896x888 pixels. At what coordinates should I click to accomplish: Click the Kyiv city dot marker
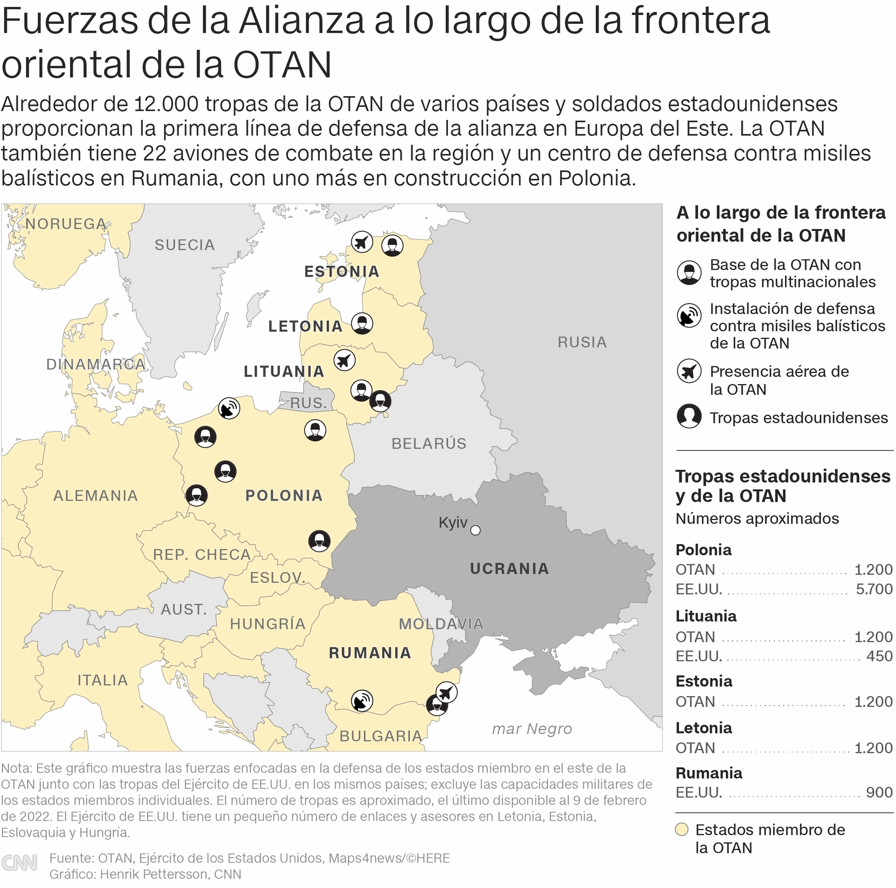[x=475, y=530]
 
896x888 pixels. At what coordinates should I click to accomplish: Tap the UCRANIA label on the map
[x=509, y=568]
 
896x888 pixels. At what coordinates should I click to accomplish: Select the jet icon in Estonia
[x=362, y=242]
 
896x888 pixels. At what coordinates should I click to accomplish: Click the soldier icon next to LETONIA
[x=362, y=323]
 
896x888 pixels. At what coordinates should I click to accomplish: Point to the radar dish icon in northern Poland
[x=229, y=408]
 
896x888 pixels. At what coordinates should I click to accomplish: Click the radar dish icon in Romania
[x=362, y=700]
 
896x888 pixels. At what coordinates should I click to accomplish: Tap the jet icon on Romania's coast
[x=447, y=692]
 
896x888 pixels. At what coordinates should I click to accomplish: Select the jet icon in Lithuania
[x=344, y=360]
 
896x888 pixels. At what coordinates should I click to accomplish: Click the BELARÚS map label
[x=429, y=443]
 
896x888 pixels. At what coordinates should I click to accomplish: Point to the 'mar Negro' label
[x=532, y=728]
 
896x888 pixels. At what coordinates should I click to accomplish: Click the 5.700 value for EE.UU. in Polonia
[x=874, y=589]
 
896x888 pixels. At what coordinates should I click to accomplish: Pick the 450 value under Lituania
[x=879, y=656]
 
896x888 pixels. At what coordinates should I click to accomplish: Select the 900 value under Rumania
[x=879, y=792]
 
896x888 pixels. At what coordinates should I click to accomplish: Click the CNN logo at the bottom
[x=19, y=863]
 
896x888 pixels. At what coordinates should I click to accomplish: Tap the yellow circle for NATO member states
[x=682, y=829]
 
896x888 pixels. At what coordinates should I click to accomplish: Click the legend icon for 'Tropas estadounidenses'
[x=689, y=416]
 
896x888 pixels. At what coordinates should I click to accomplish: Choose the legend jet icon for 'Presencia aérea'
[x=689, y=371]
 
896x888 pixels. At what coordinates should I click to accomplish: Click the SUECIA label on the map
[x=185, y=245]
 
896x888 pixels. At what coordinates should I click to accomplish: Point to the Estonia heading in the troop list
[x=704, y=681]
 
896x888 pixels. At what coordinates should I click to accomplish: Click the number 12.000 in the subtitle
[x=166, y=104]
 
